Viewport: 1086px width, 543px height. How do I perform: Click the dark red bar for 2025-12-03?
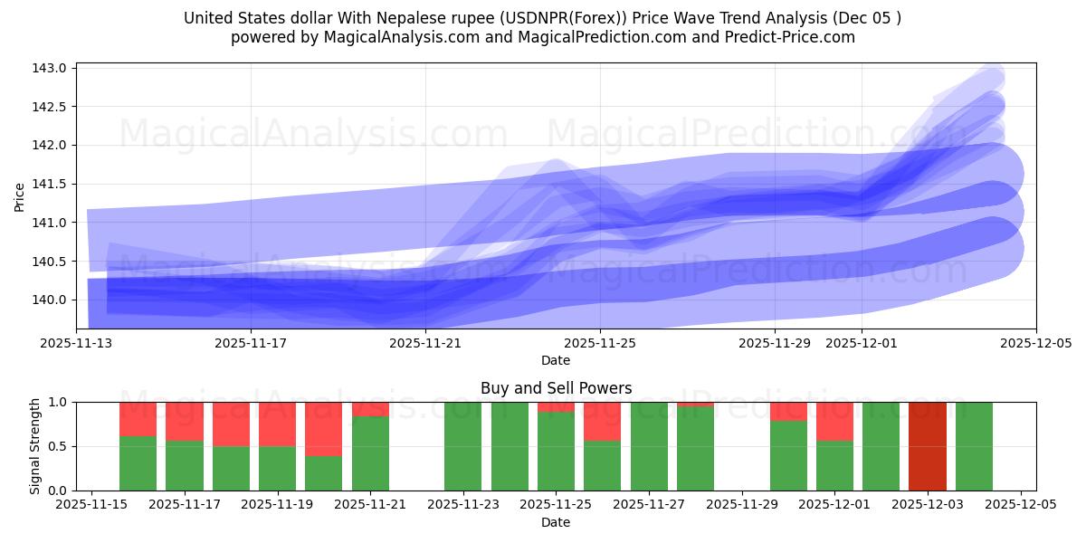pos(927,446)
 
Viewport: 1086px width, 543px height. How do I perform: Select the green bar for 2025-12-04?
pos(974,446)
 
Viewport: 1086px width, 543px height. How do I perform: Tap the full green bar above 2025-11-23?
pos(462,446)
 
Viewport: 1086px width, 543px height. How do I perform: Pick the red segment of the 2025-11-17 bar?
pos(185,421)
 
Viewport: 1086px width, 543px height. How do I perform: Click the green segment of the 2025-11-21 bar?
pos(370,453)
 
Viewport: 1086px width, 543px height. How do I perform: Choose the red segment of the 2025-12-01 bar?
pos(834,421)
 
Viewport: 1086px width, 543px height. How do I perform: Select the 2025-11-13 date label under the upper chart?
pos(76,344)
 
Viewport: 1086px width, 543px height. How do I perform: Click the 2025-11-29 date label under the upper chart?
pos(775,344)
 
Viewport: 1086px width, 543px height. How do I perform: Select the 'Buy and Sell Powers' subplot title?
pos(556,388)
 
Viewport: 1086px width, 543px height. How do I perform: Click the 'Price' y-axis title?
pos(20,196)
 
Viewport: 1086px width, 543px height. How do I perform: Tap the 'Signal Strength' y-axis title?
pos(35,446)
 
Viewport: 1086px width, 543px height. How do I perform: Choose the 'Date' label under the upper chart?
pos(556,360)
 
